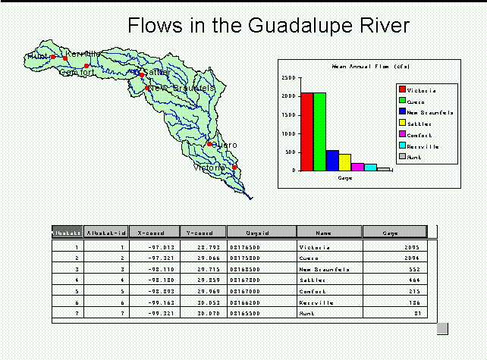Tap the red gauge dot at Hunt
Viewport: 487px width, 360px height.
(x=53, y=57)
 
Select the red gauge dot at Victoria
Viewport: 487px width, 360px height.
(x=234, y=167)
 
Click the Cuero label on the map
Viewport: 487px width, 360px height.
(x=224, y=145)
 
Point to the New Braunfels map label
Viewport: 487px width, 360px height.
(x=182, y=88)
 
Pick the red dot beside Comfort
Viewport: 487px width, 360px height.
(x=87, y=66)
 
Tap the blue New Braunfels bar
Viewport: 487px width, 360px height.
(x=332, y=160)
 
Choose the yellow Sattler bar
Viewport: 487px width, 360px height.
(x=345, y=162)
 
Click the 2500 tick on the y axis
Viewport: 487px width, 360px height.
(x=288, y=77)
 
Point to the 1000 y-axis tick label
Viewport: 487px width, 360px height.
(x=288, y=133)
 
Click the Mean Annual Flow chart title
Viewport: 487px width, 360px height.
(x=361, y=67)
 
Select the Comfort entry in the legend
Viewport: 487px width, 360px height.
(x=419, y=133)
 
